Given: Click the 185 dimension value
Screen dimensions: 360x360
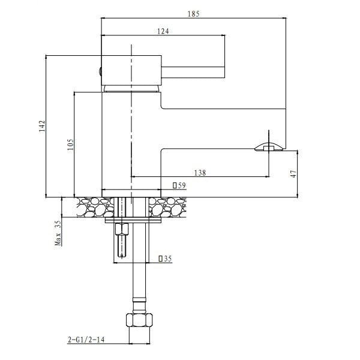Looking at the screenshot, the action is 194,14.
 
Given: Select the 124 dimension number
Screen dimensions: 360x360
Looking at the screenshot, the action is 163,31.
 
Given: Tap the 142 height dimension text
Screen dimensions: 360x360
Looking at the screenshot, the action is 42,126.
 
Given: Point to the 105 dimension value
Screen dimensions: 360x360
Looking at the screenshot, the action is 70,144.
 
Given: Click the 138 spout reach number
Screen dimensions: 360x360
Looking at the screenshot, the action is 200,173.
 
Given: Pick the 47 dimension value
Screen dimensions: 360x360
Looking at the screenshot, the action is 293,173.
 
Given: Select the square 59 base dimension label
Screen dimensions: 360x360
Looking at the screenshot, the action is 179,185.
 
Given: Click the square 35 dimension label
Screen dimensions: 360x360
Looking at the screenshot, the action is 165,259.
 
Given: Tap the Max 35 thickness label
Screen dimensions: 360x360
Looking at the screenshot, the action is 58,233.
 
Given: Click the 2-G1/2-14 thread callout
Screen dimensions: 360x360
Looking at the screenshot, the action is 86,340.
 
